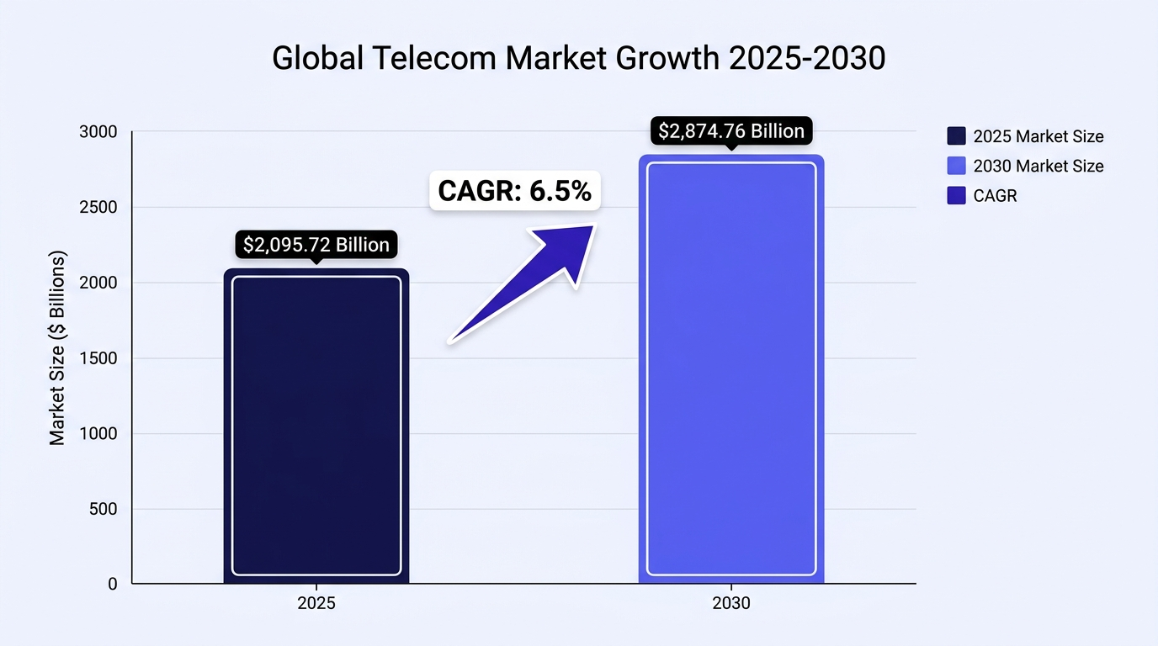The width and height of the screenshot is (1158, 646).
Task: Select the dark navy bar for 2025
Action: tap(316, 426)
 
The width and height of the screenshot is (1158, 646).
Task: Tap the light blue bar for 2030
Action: tap(731, 369)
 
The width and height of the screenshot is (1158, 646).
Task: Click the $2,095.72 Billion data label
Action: tap(316, 245)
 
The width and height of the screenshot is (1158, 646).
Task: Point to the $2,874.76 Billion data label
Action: tap(731, 130)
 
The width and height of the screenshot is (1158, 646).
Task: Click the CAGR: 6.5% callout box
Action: tap(515, 191)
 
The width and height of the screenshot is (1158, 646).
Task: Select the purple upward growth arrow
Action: tap(522, 283)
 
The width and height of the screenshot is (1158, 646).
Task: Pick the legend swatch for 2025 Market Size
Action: tap(956, 136)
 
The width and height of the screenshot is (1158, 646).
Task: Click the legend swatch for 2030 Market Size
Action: tap(956, 166)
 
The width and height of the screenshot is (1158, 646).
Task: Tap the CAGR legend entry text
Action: tap(995, 196)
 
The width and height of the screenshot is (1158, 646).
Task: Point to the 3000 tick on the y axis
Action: tap(98, 132)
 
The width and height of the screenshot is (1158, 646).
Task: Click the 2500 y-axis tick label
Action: tap(98, 207)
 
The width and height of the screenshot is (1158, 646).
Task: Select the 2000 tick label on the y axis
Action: tap(98, 283)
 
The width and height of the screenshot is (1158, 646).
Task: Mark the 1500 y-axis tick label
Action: tap(98, 358)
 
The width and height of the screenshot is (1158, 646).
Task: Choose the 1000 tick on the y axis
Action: tap(98, 433)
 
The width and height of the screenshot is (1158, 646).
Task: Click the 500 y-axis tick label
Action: tap(104, 509)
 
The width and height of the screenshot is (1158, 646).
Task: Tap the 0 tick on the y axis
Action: tap(113, 584)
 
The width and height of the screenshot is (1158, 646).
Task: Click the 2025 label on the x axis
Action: tap(316, 603)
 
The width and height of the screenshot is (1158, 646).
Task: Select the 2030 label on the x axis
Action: tap(731, 603)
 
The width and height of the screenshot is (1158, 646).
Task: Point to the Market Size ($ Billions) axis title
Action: tap(57, 347)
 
